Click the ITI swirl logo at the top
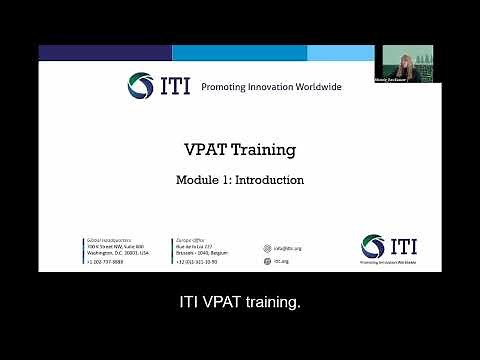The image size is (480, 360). [x=141, y=86]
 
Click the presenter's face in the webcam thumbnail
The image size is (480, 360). [x=408, y=58]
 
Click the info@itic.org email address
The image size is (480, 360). [x=288, y=248]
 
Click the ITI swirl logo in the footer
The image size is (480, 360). [x=372, y=245]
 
